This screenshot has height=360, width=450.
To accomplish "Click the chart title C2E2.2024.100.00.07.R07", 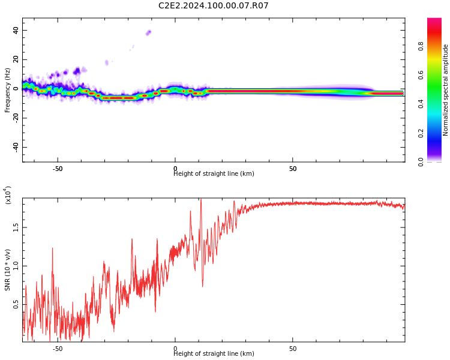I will tap(213, 6).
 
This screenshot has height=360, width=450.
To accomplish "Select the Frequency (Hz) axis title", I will tap(8, 90).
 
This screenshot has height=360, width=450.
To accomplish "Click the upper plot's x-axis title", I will tap(214, 174).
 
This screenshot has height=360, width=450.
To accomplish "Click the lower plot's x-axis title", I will tap(214, 354).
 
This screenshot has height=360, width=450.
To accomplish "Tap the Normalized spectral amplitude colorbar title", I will tap(446, 90).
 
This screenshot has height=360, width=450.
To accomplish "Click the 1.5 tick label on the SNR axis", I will tap(16, 227).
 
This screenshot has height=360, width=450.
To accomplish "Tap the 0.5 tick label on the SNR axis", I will tap(16, 305).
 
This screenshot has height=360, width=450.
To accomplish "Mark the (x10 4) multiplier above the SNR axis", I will tap(8, 195).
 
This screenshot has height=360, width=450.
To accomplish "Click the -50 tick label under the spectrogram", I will tap(58, 169).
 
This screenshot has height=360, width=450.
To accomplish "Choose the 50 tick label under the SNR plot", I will tap(293, 349).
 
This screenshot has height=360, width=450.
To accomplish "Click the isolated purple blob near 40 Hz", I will tap(148, 32).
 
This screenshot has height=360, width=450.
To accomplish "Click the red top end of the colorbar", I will tap(434, 21).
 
